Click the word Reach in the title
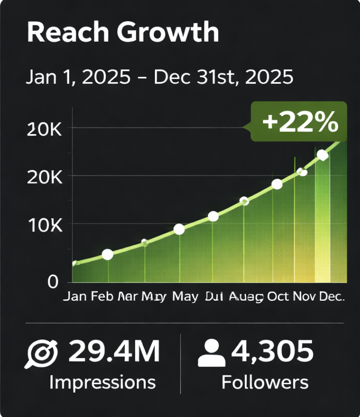click(x=68, y=32)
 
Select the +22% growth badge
click(x=300, y=122)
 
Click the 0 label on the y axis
click(x=53, y=282)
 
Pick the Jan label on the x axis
click(x=75, y=297)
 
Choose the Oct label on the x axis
click(x=278, y=297)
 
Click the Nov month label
click(x=305, y=297)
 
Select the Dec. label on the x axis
click(x=332, y=297)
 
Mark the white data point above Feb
click(x=107, y=254)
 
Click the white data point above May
click(x=179, y=229)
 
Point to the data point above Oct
click(x=277, y=184)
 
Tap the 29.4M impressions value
click(x=114, y=351)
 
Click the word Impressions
click(x=102, y=382)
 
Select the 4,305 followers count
click(x=273, y=351)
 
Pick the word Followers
click(x=265, y=382)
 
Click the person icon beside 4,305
click(x=212, y=354)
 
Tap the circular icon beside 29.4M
click(x=42, y=354)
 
